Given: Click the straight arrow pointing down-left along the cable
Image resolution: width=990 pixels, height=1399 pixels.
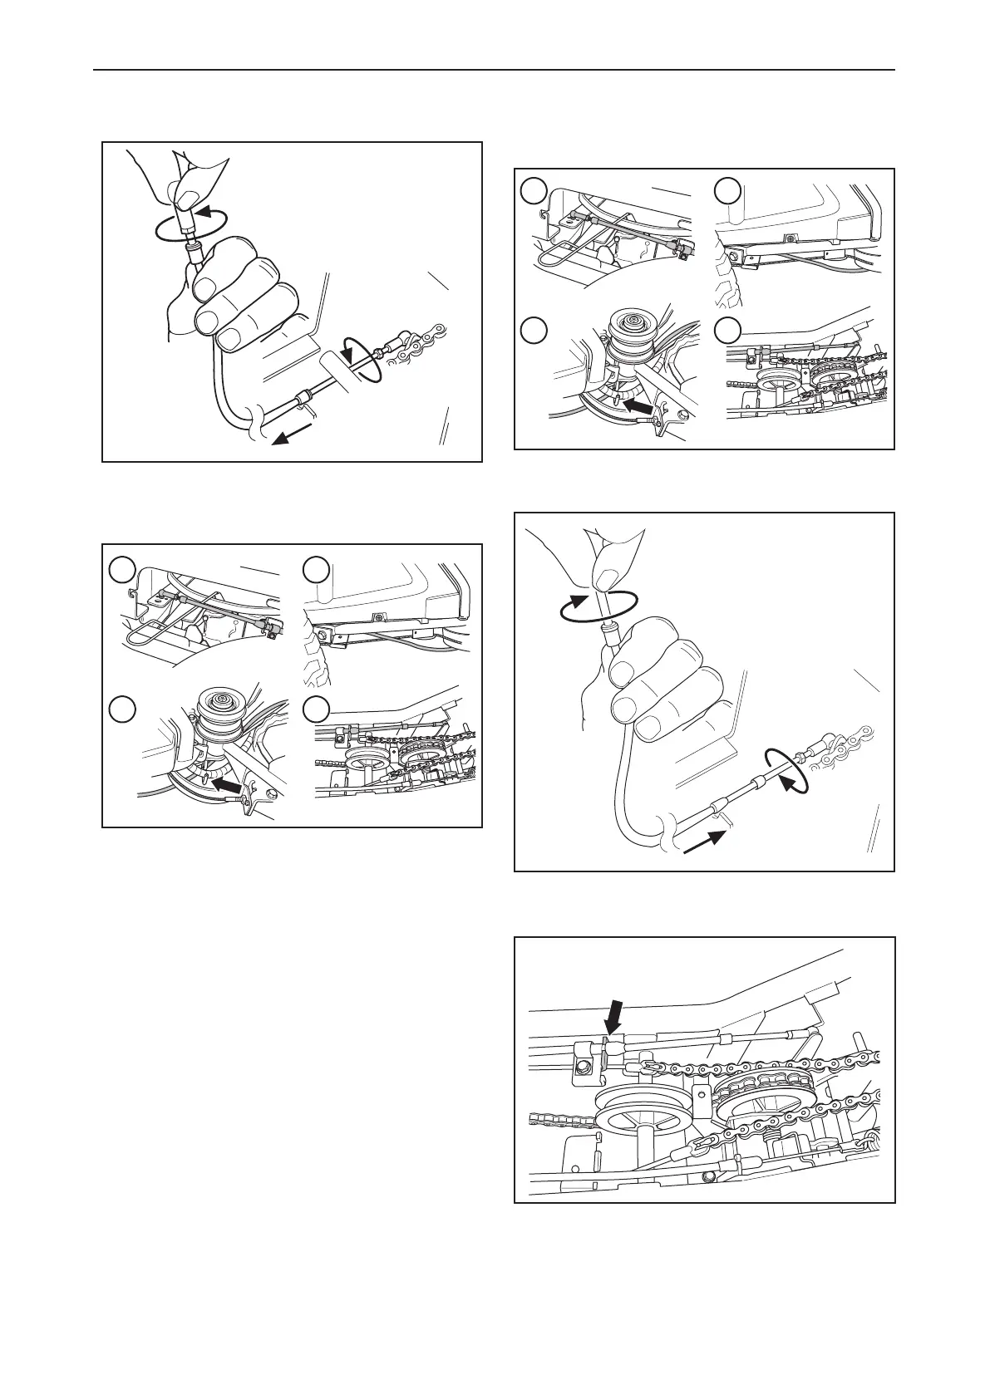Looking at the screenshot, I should click(294, 434).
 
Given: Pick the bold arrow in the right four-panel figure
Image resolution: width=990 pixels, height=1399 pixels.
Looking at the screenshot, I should click(638, 406).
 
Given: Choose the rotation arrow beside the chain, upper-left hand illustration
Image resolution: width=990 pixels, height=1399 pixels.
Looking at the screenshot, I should click(362, 359).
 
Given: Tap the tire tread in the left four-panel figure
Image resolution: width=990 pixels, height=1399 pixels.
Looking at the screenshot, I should click(315, 664).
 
